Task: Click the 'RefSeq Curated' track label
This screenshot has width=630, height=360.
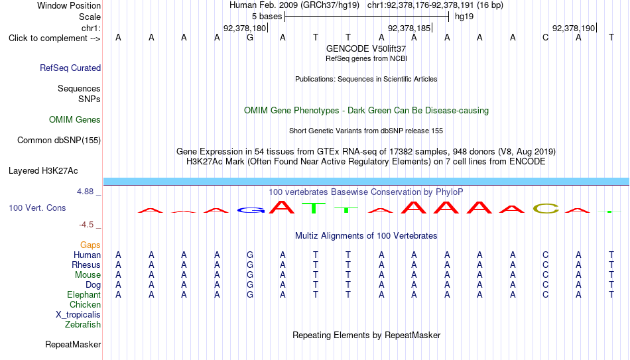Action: pyautogui.click(x=70, y=68)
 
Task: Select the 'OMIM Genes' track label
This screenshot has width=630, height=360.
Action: pyautogui.click(x=75, y=120)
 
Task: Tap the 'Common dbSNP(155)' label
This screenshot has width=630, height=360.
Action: pyautogui.click(x=59, y=141)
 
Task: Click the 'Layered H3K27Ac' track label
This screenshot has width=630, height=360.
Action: pyautogui.click(x=43, y=171)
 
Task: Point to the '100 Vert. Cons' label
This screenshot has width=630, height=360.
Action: pyautogui.click(x=37, y=208)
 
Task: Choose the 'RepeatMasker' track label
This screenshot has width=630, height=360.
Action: pyautogui.click(x=73, y=344)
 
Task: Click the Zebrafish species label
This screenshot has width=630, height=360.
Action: pyautogui.click(x=83, y=324)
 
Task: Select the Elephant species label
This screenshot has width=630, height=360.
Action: pyautogui.click(x=84, y=294)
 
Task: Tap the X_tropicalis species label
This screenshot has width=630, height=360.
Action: pyautogui.click(x=78, y=315)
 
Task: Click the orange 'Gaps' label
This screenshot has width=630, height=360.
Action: pyautogui.click(x=90, y=245)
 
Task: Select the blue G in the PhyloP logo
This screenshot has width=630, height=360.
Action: pyautogui.click(x=251, y=210)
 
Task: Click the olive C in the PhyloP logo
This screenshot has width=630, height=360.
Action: pyautogui.click(x=546, y=209)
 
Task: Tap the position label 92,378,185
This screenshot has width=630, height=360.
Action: pyautogui.click(x=409, y=28)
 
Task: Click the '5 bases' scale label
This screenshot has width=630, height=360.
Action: pyautogui.click(x=267, y=17)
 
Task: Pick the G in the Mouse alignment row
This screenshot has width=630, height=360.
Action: pyautogui.click(x=250, y=275)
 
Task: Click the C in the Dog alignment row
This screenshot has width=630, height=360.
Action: pyautogui.click(x=545, y=285)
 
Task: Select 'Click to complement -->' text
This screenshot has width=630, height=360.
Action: pyautogui.click(x=54, y=38)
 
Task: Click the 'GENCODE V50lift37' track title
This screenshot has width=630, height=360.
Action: pyautogui.click(x=366, y=48)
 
